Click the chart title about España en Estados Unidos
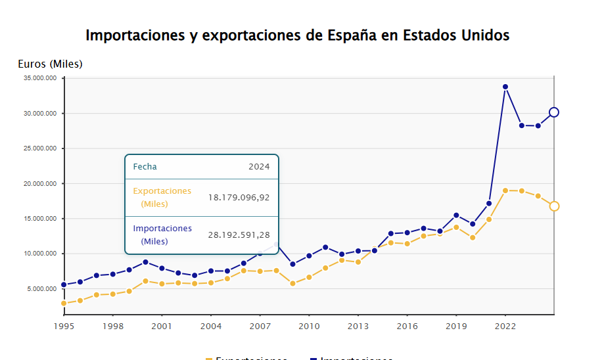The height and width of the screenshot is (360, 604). tap(298, 35)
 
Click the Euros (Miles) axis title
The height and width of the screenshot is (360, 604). tap(50, 64)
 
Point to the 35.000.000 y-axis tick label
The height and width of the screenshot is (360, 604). tap(40, 78)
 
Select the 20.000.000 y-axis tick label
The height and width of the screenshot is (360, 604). tap(40, 183)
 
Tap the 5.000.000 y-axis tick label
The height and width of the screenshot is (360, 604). tap(42, 288)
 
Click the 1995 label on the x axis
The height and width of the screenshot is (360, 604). tap(64, 326)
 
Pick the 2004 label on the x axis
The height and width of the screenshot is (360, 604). tap(211, 326)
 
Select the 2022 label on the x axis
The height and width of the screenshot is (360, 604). tap(505, 326)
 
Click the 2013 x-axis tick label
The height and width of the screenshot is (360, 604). tap(358, 326)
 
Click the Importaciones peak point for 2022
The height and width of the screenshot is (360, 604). tap(505, 87)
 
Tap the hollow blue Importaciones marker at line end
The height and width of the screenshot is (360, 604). tap(554, 112)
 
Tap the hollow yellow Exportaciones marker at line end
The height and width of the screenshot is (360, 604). tap(554, 206)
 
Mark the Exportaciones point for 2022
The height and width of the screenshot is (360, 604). tap(505, 191)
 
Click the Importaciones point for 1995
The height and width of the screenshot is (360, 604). tap(64, 285)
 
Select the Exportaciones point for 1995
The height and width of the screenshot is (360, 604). tap(64, 304)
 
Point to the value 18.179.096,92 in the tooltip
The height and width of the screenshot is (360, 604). tap(239, 197)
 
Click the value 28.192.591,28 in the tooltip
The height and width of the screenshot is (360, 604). tap(239, 235)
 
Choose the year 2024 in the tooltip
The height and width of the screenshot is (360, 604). tap(259, 167)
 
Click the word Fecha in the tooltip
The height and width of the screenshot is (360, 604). tap(145, 167)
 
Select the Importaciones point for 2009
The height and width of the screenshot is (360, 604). tap(292, 264)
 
